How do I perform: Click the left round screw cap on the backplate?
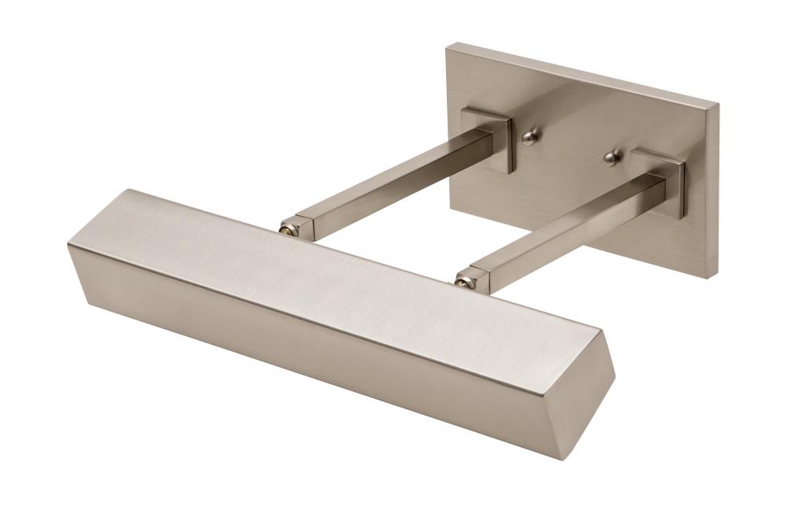pos(529,138)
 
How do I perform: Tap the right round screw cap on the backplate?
pos(612,157)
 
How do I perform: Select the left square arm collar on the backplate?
pos(489,139)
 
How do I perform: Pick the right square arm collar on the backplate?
pos(660,181)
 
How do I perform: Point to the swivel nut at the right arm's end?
pos(464,278)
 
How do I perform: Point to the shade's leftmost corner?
pos(69,246)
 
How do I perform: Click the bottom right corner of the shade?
pos(582,459)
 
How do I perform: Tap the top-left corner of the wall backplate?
pos(447,46)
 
